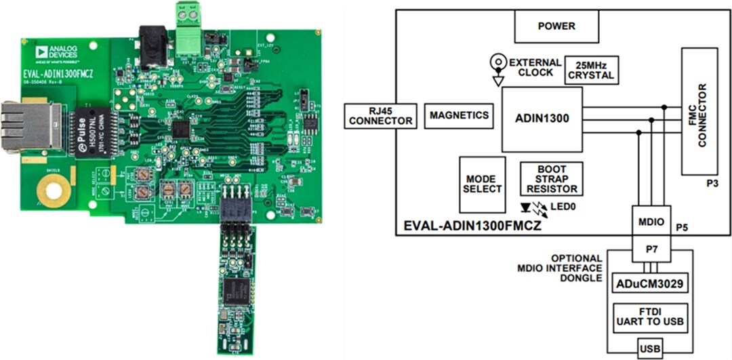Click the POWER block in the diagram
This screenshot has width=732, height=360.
556,27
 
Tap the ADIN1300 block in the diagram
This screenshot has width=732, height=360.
542,119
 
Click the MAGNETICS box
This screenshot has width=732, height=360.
459,115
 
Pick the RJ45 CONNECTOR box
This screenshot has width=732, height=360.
380,115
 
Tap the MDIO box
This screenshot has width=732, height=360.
652,220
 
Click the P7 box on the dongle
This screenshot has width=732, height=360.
652,249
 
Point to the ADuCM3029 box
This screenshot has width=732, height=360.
650,283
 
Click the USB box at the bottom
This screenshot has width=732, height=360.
650,350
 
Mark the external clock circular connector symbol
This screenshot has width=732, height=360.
498,62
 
